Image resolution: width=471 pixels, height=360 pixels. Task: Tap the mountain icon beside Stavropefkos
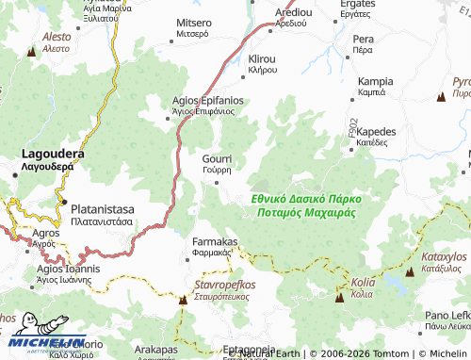184,301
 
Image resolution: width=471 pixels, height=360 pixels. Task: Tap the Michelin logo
42,345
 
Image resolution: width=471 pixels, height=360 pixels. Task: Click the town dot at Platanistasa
63,203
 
